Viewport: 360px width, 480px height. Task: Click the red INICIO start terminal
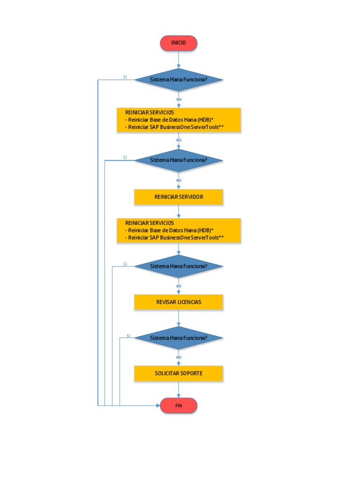[x=179, y=43]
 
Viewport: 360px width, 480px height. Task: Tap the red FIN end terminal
[x=179, y=405]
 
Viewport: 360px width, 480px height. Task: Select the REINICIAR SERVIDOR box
[x=179, y=197]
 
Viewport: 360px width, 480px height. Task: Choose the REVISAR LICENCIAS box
[x=179, y=302]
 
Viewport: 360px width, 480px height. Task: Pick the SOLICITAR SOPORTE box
[x=179, y=374]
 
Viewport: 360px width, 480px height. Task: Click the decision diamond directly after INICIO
[x=179, y=80]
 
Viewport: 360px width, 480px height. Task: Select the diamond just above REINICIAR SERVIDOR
[x=179, y=160]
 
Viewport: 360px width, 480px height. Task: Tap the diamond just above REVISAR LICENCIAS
[x=179, y=266]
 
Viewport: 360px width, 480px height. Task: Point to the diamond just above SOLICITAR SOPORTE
[x=179, y=337]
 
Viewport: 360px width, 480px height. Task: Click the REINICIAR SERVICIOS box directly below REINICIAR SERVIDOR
[x=179, y=230]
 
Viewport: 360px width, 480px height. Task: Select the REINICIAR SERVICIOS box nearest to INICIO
[x=179, y=120]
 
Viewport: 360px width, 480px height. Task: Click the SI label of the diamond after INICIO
[x=125, y=77]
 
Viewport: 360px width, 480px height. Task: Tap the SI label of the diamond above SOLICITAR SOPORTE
[x=128, y=336]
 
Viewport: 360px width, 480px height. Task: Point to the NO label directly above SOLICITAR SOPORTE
[x=179, y=357]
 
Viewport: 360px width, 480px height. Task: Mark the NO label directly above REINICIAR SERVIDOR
[x=179, y=180]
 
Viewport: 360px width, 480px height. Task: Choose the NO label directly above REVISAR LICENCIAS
[x=179, y=286]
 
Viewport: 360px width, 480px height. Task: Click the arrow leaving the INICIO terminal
[x=179, y=60]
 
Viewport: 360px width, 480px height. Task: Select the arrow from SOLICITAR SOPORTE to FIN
[x=179, y=390]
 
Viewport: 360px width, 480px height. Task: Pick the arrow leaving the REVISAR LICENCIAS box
[x=179, y=318]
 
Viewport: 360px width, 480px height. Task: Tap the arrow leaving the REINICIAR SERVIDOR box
[x=179, y=212]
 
